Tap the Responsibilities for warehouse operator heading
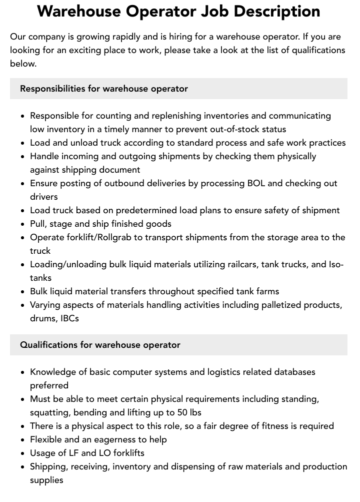[x=104, y=89]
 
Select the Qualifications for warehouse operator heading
[x=100, y=345]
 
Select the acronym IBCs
[x=69, y=318]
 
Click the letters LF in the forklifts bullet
[x=72, y=453]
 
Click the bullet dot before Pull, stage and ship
[x=23, y=224]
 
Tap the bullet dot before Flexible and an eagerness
[x=23, y=440]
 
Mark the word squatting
[x=49, y=412]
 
